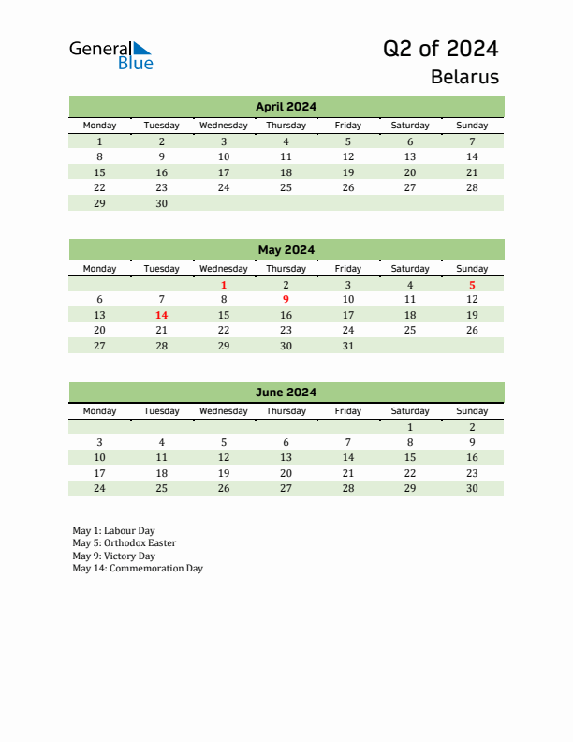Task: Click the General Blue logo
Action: coord(110,55)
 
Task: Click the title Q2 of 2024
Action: coord(440,49)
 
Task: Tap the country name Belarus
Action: coord(464,77)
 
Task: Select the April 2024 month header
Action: coord(286,107)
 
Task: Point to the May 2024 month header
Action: coord(286,250)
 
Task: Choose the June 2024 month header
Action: coord(286,393)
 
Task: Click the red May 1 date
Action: coord(224,285)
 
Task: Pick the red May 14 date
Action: coord(161,315)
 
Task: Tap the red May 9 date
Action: coord(286,300)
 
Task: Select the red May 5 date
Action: coord(472,285)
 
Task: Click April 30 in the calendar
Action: coord(161,202)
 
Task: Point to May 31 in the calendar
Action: coord(347,345)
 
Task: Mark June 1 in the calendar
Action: coord(409,427)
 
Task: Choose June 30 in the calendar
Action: coord(472,487)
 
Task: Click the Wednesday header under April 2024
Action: coord(224,126)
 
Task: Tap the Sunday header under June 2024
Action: coord(472,411)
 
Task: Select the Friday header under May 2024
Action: coord(347,269)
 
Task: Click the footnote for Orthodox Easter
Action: coord(124,543)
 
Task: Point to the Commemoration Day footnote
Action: coord(138,568)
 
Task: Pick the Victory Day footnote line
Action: coord(113,556)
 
